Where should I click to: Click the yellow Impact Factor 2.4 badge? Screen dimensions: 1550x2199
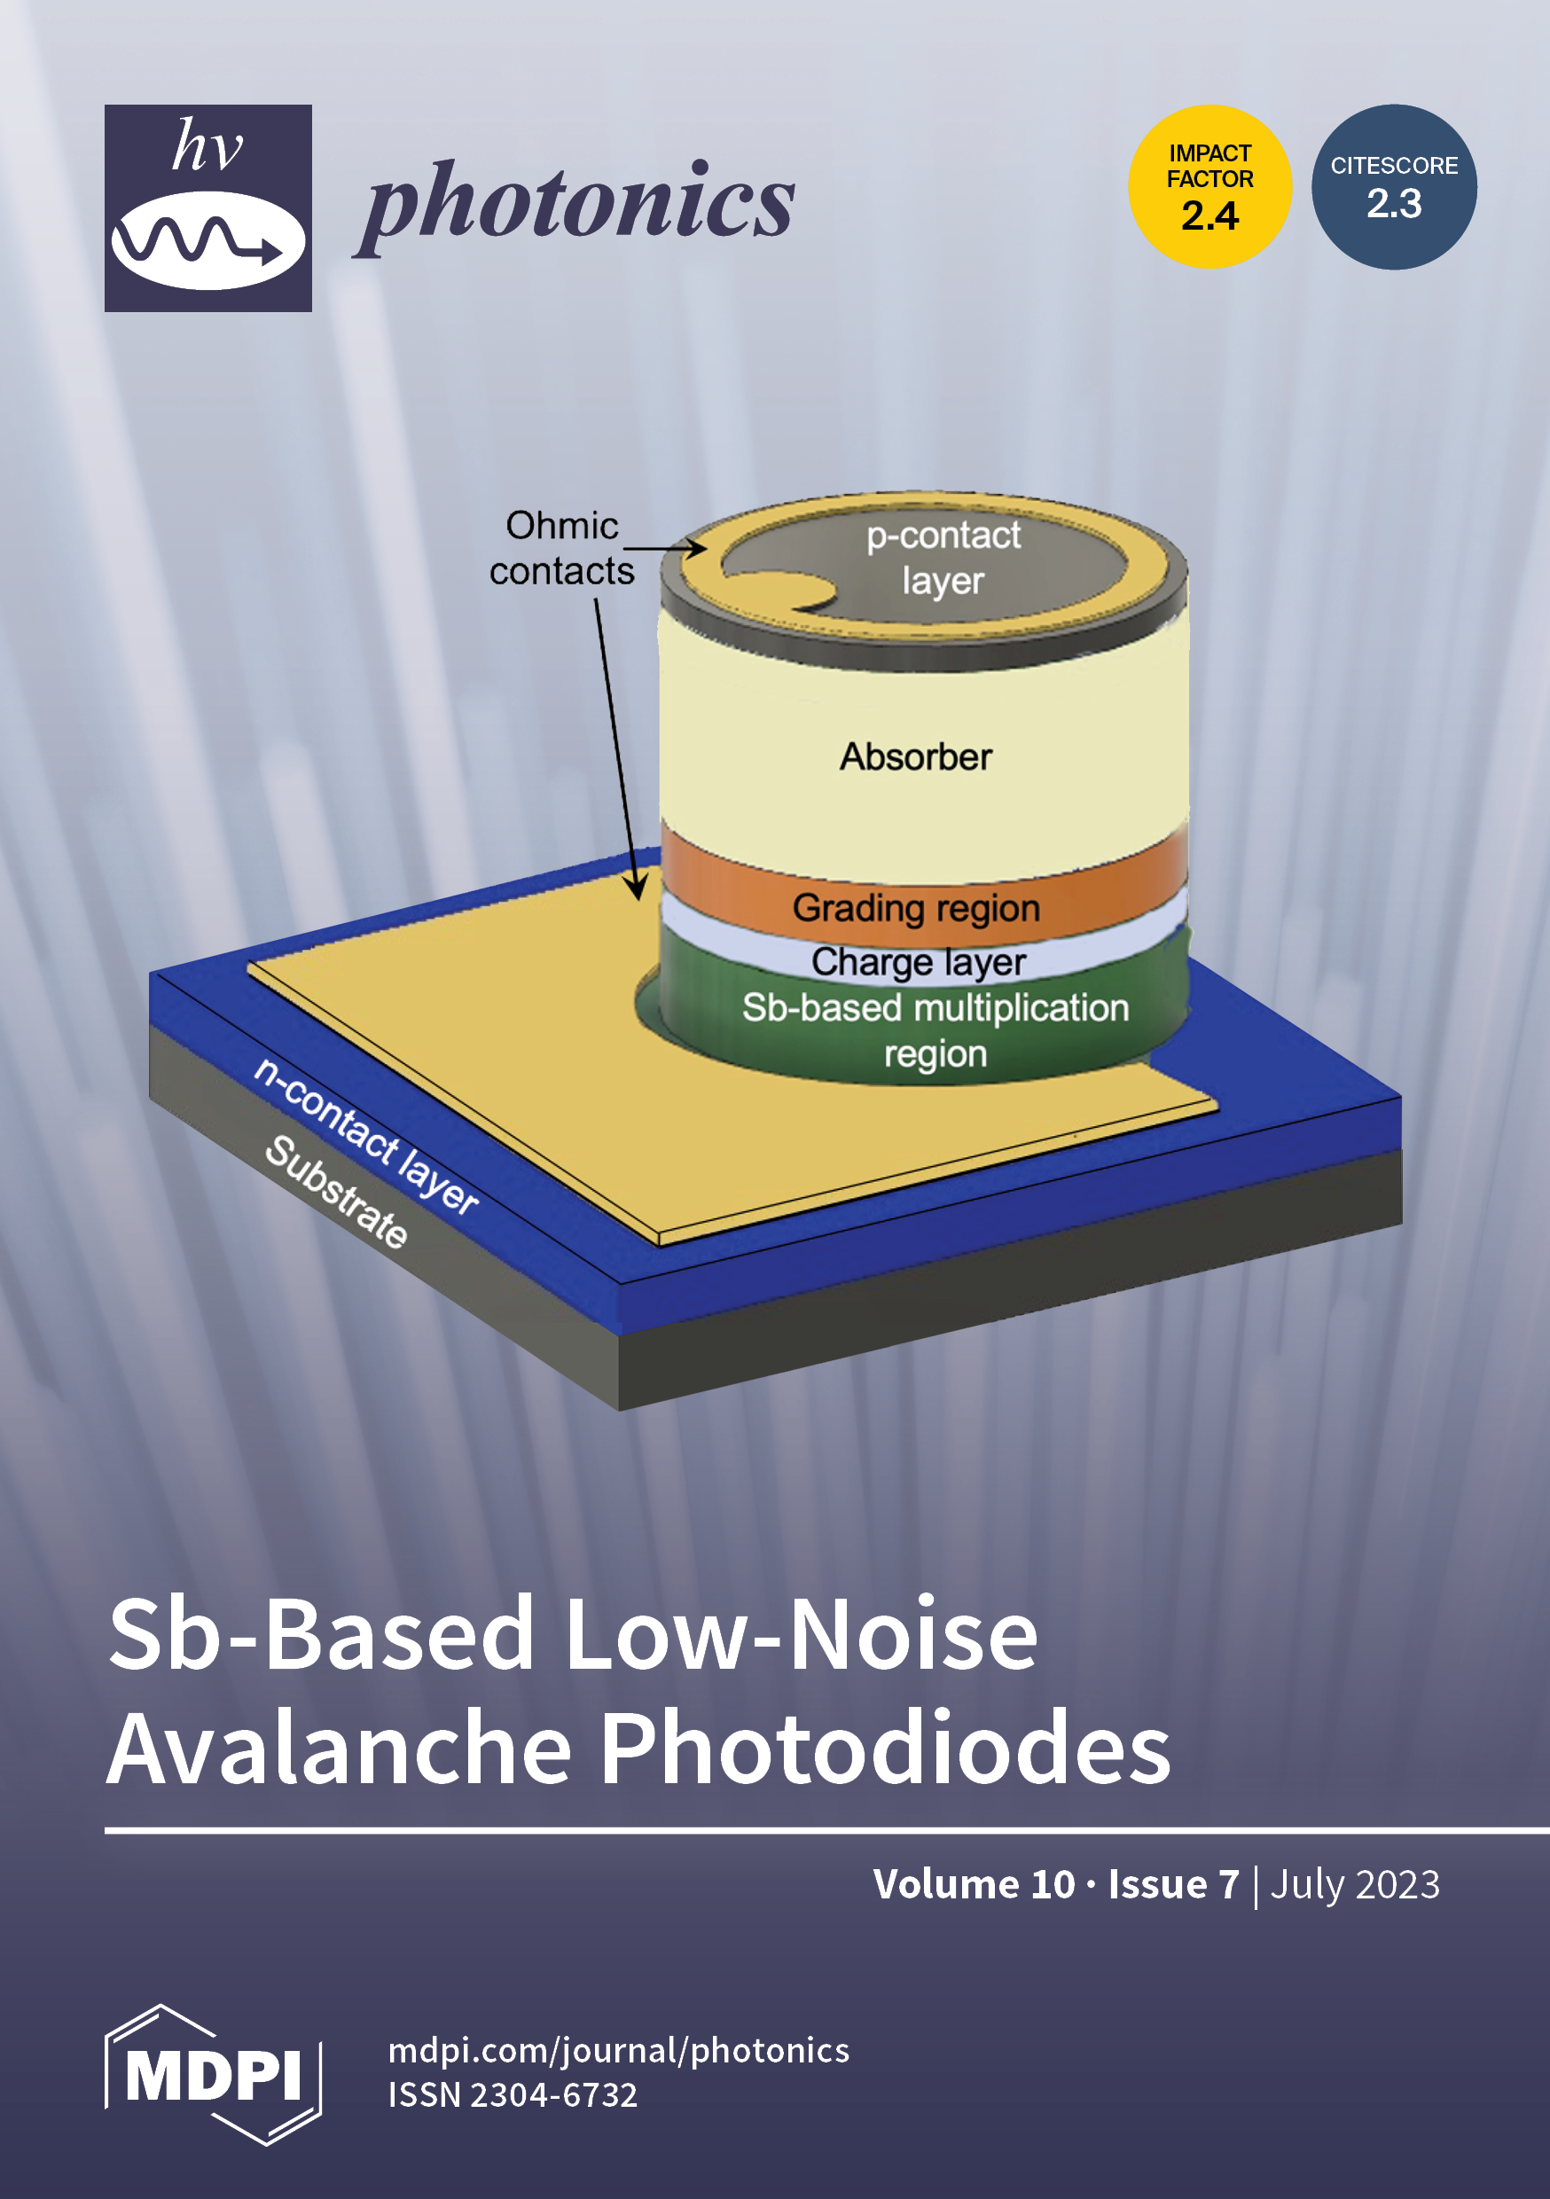(x=1209, y=187)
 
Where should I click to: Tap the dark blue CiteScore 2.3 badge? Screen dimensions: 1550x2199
(x=1394, y=187)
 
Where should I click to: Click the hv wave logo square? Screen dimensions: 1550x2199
(x=207, y=207)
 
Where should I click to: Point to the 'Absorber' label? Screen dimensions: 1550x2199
(x=916, y=756)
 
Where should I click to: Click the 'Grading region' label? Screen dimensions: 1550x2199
(x=916, y=907)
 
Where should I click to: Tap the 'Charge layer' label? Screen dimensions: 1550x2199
(x=918, y=960)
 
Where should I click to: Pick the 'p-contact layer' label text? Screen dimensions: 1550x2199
(x=943, y=558)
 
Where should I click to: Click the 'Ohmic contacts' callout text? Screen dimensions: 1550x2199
(x=561, y=548)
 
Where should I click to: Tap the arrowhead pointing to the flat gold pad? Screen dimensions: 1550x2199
(x=636, y=888)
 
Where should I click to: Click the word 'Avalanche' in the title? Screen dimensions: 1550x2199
(x=341, y=1749)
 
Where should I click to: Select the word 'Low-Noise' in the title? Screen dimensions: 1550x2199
(x=800, y=1634)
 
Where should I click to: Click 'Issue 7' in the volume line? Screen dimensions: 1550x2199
(x=1173, y=1884)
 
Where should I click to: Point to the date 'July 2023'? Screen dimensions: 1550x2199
(x=1355, y=1884)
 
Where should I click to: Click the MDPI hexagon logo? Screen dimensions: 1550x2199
(x=213, y=2074)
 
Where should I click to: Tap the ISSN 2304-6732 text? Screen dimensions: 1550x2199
(x=513, y=2094)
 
